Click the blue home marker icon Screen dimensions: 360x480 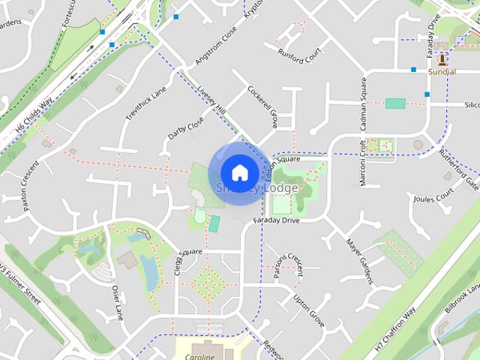pos(239,172)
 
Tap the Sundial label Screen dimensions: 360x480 pos(442,72)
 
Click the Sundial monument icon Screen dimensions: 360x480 pos(442,57)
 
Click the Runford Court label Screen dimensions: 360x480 pos(299,53)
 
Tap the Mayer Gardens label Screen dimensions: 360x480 pos(359,261)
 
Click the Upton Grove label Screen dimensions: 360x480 pos(308,310)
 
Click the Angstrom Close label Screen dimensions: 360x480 pos(216,45)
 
